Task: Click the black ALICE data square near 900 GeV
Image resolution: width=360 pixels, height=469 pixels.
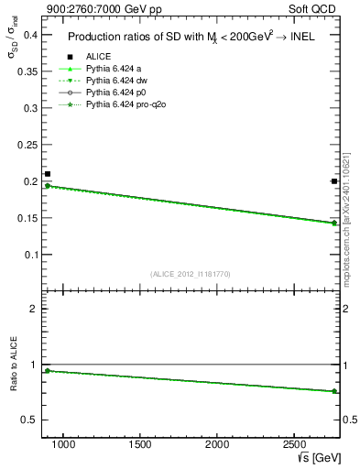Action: (48, 174)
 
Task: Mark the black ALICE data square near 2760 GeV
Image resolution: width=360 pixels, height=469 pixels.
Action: (333, 181)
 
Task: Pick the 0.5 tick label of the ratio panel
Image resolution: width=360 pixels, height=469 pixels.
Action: (27, 420)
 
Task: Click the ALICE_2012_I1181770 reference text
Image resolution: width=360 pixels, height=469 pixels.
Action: (189, 274)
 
